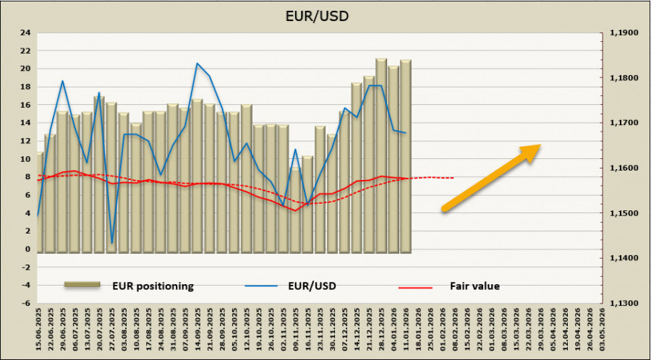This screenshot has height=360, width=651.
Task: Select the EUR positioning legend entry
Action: pyautogui.click(x=152, y=286)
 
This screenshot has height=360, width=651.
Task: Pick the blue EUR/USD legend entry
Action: pyautogui.click(x=310, y=286)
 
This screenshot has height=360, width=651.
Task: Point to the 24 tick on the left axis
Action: pyautogui.click(x=25, y=33)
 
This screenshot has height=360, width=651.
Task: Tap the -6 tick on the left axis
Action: pyautogui.click(x=25, y=304)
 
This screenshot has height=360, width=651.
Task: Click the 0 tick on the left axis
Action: pyautogui.click(x=27, y=249)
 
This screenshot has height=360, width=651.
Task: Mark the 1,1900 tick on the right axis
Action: pyautogui.click(x=624, y=33)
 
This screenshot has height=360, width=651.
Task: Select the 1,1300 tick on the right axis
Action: pyautogui.click(x=624, y=304)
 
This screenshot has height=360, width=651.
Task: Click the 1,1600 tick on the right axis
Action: pyautogui.click(x=624, y=168)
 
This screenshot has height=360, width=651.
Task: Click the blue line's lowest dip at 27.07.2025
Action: pyautogui.click(x=112, y=243)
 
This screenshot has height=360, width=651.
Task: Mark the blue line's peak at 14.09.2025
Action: pyautogui.click(x=197, y=63)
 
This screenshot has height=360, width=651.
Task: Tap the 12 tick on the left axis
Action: pyautogui.click(x=25, y=141)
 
